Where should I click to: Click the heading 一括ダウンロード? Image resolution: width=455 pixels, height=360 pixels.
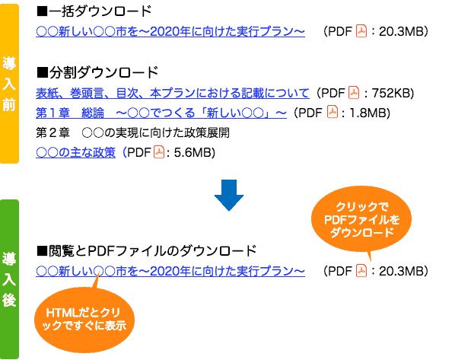click(x=94, y=11)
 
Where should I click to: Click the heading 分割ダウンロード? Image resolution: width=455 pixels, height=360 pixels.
click(x=97, y=72)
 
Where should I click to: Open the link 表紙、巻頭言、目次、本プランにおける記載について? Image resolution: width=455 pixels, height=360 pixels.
click(x=173, y=93)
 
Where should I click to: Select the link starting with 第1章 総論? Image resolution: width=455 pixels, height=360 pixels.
click(x=161, y=113)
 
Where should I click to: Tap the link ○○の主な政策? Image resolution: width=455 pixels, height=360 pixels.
click(x=76, y=152)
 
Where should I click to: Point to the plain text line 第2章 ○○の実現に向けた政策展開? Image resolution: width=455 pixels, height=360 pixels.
click(x=132, y=132)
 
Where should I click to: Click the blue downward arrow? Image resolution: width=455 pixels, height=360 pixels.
click(x=229, y=195)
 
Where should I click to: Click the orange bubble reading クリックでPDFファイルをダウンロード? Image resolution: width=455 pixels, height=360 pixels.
click(x=361, y=219)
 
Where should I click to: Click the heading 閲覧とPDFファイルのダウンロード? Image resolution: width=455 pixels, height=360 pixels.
click(x=147, y=251)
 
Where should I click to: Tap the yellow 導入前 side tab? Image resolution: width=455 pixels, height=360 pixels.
click(x=9, y=84)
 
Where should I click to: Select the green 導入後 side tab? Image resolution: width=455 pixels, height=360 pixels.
click(x=9, y=279)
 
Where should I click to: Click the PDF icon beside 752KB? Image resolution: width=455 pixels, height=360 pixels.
click(x=354, y=93)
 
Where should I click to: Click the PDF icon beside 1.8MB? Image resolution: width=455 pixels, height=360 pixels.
click(x=332, y=112)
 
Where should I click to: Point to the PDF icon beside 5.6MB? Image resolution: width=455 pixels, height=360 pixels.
click(x=159, y=152)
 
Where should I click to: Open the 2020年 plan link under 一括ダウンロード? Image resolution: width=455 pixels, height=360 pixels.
click(x=170, y=31)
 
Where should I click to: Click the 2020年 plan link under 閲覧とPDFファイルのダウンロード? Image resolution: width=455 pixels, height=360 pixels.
click(x=170, y=271)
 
